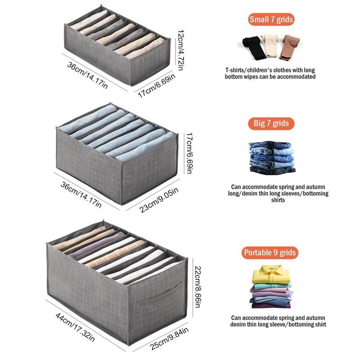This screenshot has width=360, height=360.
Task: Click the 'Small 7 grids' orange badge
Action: point(271,19)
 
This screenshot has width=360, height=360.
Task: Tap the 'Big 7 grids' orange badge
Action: point(271,123)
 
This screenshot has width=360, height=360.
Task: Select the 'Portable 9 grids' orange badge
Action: point(270,253)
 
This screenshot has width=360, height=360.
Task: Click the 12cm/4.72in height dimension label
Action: point(181,50)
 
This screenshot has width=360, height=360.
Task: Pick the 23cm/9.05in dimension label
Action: point(159,200)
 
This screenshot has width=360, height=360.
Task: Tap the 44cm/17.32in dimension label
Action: point(75,327)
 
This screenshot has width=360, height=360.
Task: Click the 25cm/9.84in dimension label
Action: point(170,338)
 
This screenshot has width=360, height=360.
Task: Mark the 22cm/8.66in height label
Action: point(198,287)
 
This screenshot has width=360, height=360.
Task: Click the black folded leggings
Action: point(254,48)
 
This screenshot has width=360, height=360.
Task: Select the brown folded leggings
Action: point(289,47)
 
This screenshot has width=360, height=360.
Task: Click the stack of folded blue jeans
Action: point(272,158)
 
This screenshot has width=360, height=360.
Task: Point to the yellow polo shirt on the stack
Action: point(271,274)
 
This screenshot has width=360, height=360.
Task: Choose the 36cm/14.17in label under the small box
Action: point(87,75)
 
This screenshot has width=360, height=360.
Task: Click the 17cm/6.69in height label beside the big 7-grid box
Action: point(189,153)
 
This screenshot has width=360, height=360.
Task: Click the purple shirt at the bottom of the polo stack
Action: point(271,306)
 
